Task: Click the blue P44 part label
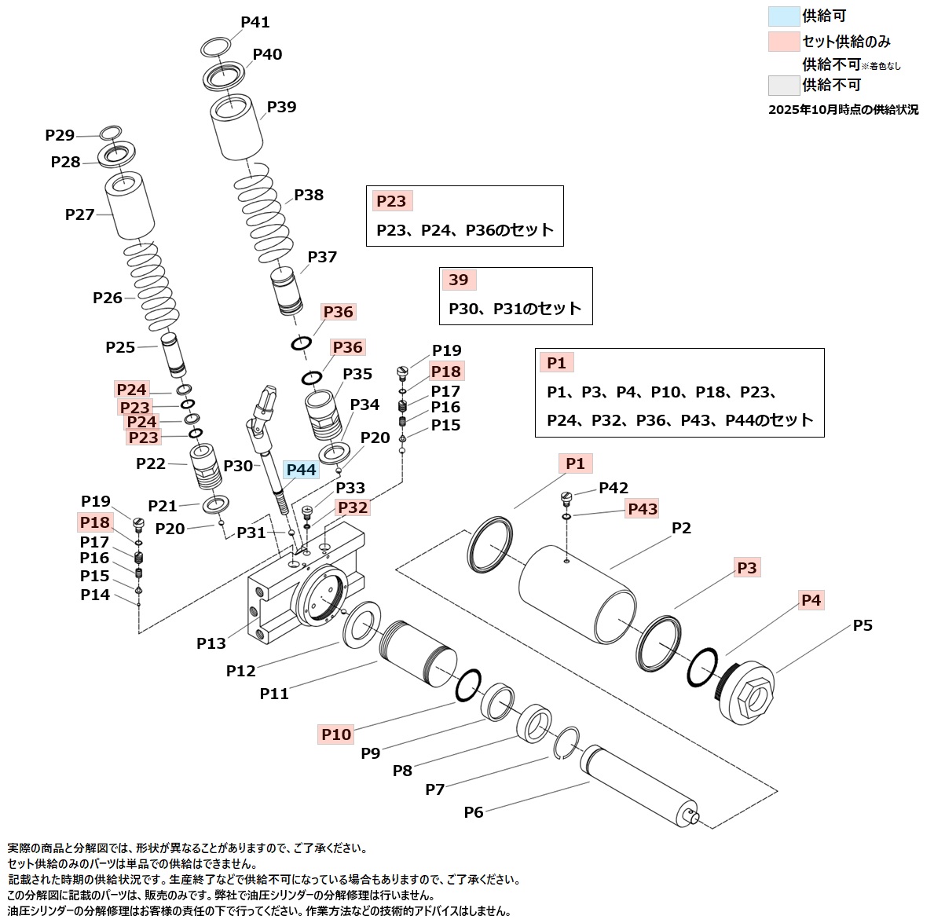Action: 301,470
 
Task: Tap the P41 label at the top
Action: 255,22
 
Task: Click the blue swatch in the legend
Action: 782,16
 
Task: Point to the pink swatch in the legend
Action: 782,41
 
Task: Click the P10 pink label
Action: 336,734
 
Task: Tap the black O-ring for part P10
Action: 468,683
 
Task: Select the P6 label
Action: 474,812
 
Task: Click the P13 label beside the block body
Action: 211,643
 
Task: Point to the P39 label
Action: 281,107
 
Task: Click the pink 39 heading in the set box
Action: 458,280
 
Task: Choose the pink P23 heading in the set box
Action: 391,201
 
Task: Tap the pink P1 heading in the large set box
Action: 556,362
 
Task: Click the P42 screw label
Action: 614,489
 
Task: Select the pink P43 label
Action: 643,509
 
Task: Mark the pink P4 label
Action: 811,600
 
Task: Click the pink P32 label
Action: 353,507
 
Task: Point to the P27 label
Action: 79,214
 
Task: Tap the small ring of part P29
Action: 111,132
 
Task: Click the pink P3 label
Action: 747,567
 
